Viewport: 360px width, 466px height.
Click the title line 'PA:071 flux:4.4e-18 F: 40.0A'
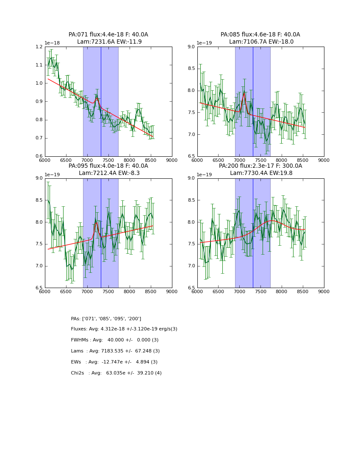[108, 35]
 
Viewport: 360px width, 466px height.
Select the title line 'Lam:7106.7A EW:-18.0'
[261, 42]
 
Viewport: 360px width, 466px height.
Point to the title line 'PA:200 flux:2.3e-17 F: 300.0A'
[260, 166]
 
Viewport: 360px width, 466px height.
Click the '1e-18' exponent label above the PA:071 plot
[53, 43]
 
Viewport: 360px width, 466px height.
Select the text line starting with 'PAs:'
[106, 319]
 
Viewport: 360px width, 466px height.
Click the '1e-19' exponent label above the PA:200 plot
[205, 175]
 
